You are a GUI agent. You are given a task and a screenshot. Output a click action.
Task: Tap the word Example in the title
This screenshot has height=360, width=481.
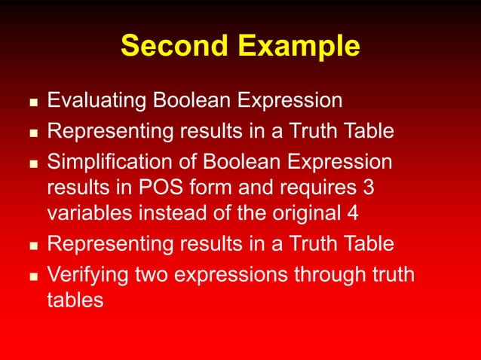[300, 47]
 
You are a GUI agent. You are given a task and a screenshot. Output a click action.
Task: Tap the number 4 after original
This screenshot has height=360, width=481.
[351, 213]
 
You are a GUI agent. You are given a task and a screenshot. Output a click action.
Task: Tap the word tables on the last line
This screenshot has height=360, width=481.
[75, 300]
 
